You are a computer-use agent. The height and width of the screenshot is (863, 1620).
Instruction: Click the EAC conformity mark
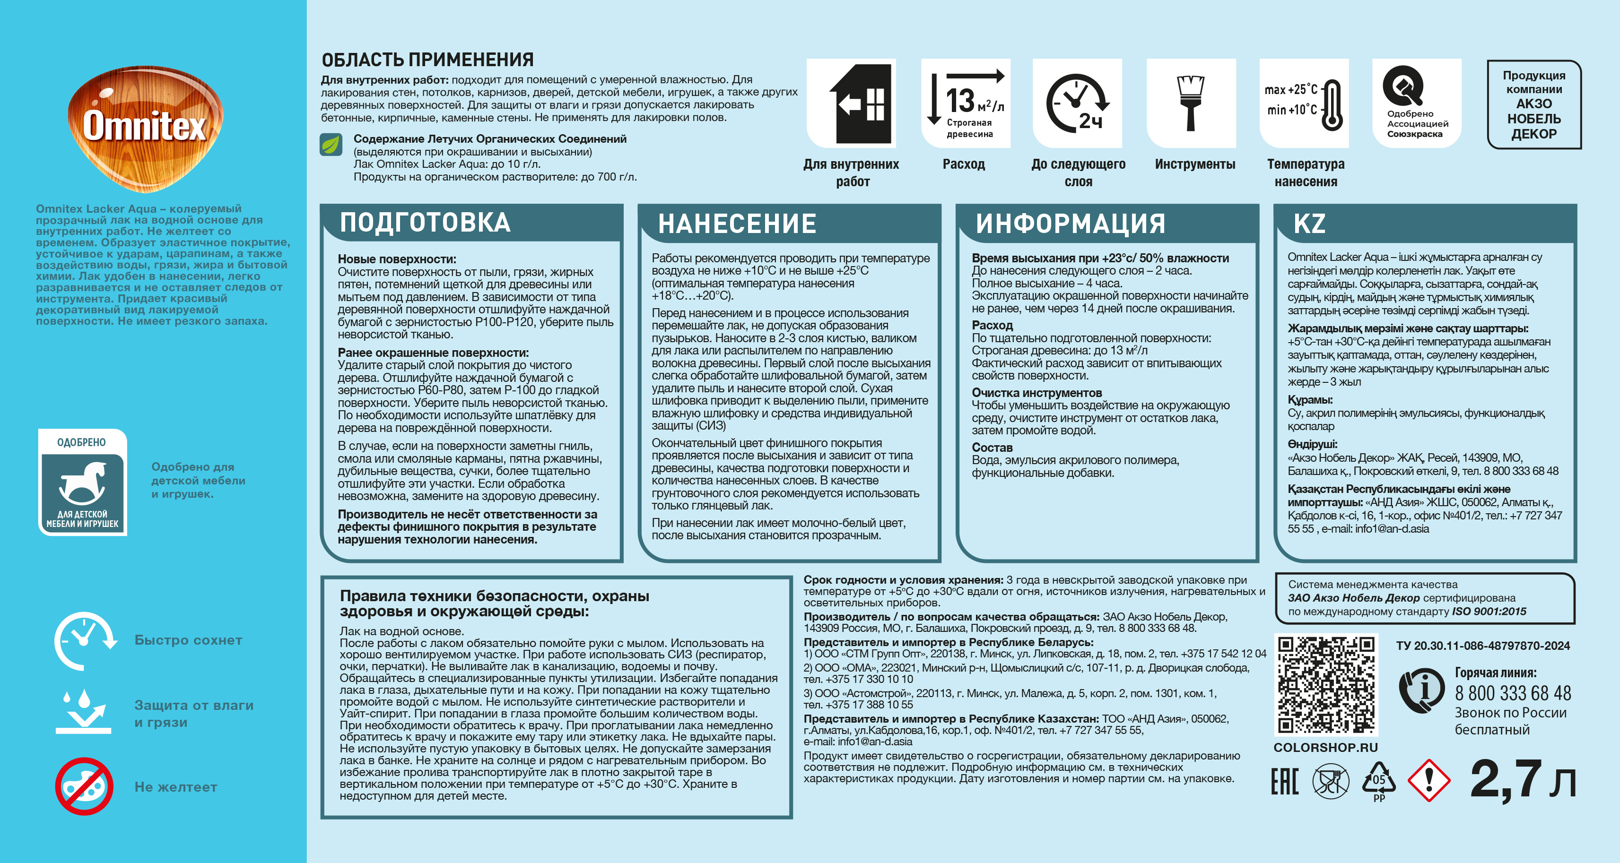(1284, 781)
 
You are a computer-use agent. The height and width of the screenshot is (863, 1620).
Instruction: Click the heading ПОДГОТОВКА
(425, 223)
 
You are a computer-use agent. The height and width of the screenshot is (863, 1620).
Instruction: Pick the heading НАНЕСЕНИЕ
(737, 224)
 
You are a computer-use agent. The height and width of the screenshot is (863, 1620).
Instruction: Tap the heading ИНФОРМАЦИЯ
(1071, 224)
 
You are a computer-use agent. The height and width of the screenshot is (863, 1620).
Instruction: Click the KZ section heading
(1309, 224)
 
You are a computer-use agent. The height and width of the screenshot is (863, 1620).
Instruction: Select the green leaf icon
(331, 145)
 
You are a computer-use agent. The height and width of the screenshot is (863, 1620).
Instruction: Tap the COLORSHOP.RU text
(1325, 747)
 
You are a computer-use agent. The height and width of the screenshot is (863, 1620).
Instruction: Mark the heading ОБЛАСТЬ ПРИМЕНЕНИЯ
(427, 60)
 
